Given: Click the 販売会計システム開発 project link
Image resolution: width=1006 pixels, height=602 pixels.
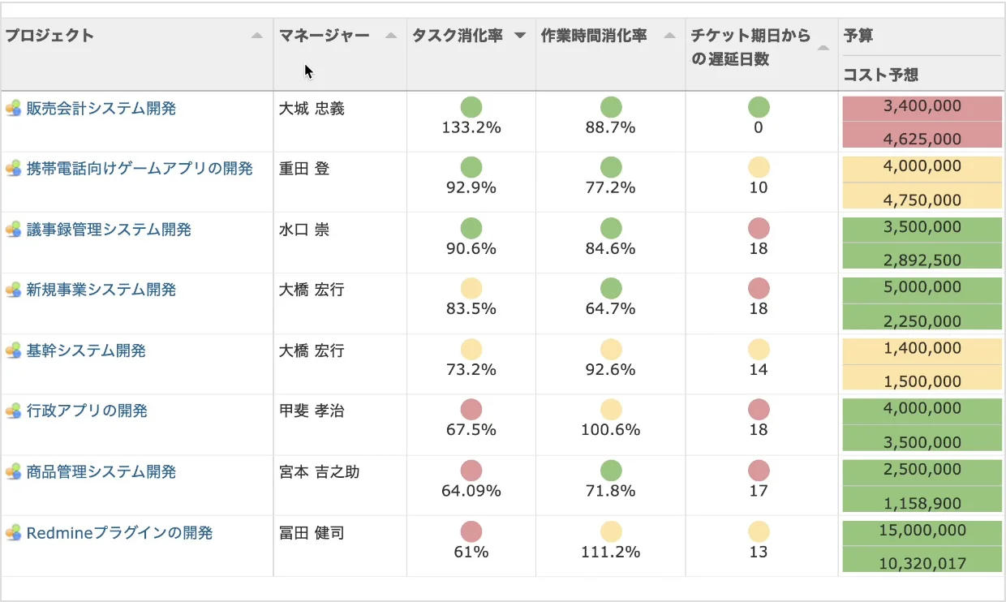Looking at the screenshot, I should click(101, 109).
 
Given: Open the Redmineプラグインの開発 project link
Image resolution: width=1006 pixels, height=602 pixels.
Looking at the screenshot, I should click(119, 533).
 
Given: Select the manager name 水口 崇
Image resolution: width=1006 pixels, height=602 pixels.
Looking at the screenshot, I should click(304, 230).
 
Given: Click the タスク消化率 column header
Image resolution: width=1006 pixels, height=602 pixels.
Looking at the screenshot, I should click(458, 36).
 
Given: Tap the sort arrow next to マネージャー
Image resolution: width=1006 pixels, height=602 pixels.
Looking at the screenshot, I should click(390, 36).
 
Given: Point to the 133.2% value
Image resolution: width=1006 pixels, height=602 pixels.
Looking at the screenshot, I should click(471, 127).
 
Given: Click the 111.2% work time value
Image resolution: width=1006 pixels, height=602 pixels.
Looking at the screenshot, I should click(610, 552).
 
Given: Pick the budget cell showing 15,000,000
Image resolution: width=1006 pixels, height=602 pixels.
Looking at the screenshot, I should click(922, 531).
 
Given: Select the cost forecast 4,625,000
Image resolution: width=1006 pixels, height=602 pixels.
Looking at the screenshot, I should click(922, 139).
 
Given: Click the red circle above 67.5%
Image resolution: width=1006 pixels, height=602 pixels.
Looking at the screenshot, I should click(471, 410).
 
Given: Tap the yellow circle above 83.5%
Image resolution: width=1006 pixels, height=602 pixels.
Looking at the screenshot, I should click(471, 288).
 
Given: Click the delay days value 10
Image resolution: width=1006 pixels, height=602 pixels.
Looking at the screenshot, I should click(759, 188).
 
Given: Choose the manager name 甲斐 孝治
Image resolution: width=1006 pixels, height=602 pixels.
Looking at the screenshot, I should click(312, 411).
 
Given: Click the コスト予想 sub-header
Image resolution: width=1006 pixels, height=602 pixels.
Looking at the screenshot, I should click(881, 75).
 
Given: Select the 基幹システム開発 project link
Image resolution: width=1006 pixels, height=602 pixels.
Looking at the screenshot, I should click(86, 351).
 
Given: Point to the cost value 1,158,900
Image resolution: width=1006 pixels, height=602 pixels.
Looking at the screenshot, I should click(922, 503).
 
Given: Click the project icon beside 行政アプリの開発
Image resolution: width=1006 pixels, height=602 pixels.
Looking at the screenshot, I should click(13, 411).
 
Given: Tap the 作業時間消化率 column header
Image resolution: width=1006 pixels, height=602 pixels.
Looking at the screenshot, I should click(594, 36).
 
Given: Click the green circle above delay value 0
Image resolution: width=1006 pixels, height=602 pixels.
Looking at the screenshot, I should click(759, 106).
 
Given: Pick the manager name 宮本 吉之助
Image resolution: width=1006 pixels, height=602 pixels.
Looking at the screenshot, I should click(319, 472).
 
